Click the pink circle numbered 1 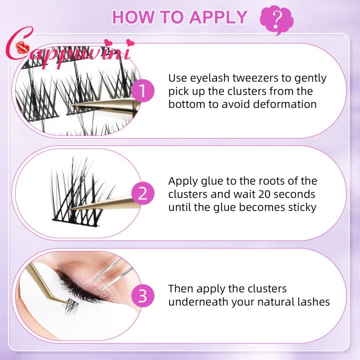143,91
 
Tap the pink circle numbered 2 143,193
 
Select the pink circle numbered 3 143,296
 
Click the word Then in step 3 181,289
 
